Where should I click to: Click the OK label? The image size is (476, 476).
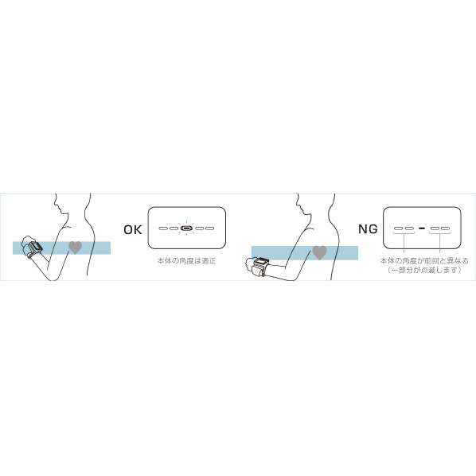pyautogui.click(x=133, y=230)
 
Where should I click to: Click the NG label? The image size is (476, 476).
pyautogui.click(x=368, y=229)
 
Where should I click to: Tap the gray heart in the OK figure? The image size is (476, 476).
pyautogui.click(x=76, y=248)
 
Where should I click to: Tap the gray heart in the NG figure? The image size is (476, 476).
pyautogui.click(x=320, y=252)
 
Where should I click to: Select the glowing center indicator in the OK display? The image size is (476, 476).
pyautogui.click(x=186, y=228)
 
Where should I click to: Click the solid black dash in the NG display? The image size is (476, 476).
pyautogui.click(x=422, y=228)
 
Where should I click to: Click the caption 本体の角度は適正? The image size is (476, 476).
pyautogui.click(x=186, y=261)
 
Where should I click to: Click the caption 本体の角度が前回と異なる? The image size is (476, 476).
pyautogui.click(x=424, y=260)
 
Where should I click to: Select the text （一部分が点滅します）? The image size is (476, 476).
pyautogui.click(x=424, y=270)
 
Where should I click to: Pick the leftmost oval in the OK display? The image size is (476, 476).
pyautogui.click(x=163, y=228)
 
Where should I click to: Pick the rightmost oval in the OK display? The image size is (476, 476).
pyautogui.click(x=210, y=228)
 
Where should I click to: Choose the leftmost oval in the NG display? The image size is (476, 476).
pyautogui.click(x=398, y=228)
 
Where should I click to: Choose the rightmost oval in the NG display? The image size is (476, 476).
pyautogui.click(x=445, y=228)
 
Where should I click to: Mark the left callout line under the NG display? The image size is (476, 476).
pyautogui.click(x=404, y=243)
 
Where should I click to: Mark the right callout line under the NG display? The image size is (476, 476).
pyautogui.click(x=440, y=243)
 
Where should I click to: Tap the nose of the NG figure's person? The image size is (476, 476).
pyautogui.click(x=297, y=204)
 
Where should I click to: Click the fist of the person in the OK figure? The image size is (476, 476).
pyautogui.click(x=27, y=240)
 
